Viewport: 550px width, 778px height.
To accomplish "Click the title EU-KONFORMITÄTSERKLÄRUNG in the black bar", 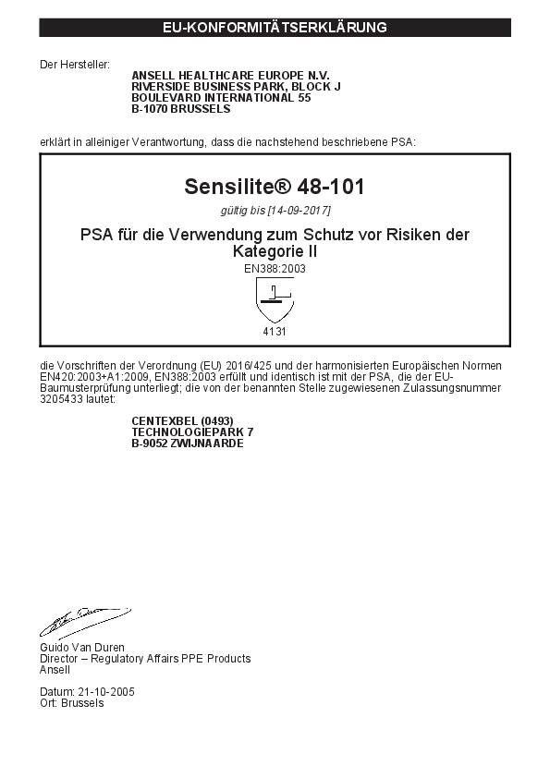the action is (x=275, y=28).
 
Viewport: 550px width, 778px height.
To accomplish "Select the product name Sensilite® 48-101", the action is (x=275, y=187).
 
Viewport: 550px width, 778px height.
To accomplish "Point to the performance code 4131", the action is (x=275, y=330).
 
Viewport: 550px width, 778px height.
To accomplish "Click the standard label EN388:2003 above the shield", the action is (x=275, y=268).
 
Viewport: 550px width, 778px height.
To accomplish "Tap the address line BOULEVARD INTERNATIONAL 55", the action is (x=221, y=97).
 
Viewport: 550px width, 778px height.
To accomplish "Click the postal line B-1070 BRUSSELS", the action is (x=181, y=108).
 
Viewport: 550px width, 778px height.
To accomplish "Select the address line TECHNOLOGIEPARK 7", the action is (x=192, y=432).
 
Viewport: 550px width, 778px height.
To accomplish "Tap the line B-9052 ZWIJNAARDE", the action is (x=188, y=444).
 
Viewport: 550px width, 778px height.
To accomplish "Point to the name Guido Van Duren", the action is (x=81, y=648).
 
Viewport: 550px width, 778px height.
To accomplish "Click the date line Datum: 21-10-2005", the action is (x=86, y=692).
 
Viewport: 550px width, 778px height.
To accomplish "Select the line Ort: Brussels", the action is (x=72, y=703).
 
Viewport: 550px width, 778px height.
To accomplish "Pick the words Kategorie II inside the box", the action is (x=275, y=250).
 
